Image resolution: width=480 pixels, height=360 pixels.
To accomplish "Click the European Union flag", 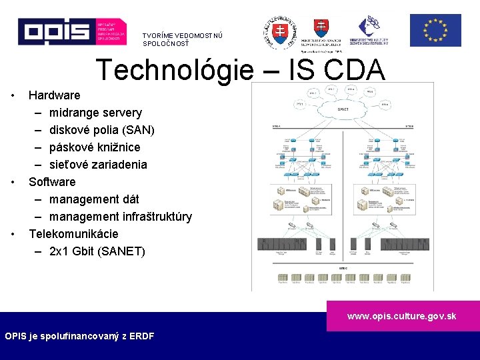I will click(435, 31).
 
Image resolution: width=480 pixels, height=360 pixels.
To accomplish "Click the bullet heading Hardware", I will click(54, 95).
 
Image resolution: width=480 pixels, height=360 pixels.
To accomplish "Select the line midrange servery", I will click(95, 113).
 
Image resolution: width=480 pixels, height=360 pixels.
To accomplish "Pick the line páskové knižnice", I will click(95, 147).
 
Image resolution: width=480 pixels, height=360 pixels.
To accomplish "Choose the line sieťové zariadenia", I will click(98, 165).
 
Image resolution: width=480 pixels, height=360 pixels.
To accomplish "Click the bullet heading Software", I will click(52, 182).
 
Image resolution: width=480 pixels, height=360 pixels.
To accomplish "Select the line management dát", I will click(94, 199).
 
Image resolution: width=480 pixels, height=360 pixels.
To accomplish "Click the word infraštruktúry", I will click(157, 217).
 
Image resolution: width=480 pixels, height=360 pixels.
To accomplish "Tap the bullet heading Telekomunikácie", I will click(73, 234).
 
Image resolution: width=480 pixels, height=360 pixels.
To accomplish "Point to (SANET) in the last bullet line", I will click(120, 251).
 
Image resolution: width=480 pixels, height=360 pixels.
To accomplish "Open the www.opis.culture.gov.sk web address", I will click(401, 316).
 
